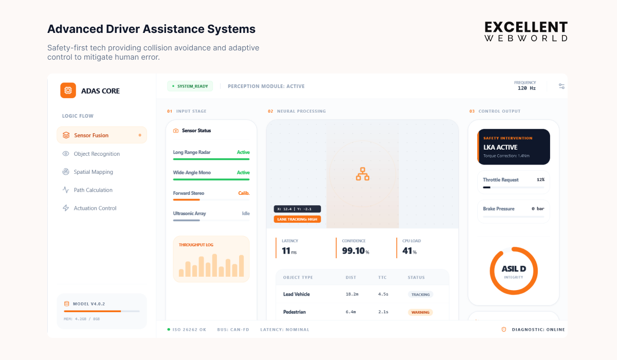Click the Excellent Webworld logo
[526, 31]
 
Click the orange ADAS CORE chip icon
[68, 91]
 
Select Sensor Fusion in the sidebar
[91, 135]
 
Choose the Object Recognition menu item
[97, 154]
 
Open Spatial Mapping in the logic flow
[93, 172]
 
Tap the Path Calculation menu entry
[93, 190]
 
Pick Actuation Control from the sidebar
[95, 208]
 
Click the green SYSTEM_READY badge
[190, 86]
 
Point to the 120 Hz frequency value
[527, 88]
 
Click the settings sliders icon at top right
[561, 86]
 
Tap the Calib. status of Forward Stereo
[244, 193]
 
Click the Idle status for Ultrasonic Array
[246, 213]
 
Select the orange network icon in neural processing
[362, 174]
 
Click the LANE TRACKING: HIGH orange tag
[297, 219]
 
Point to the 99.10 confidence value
[353, 251]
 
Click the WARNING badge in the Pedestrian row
[420, 312]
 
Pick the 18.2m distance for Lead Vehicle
[352, 294]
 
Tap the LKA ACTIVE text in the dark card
[500, 147]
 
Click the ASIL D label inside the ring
[514, 269]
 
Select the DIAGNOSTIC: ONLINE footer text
[538, 330]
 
